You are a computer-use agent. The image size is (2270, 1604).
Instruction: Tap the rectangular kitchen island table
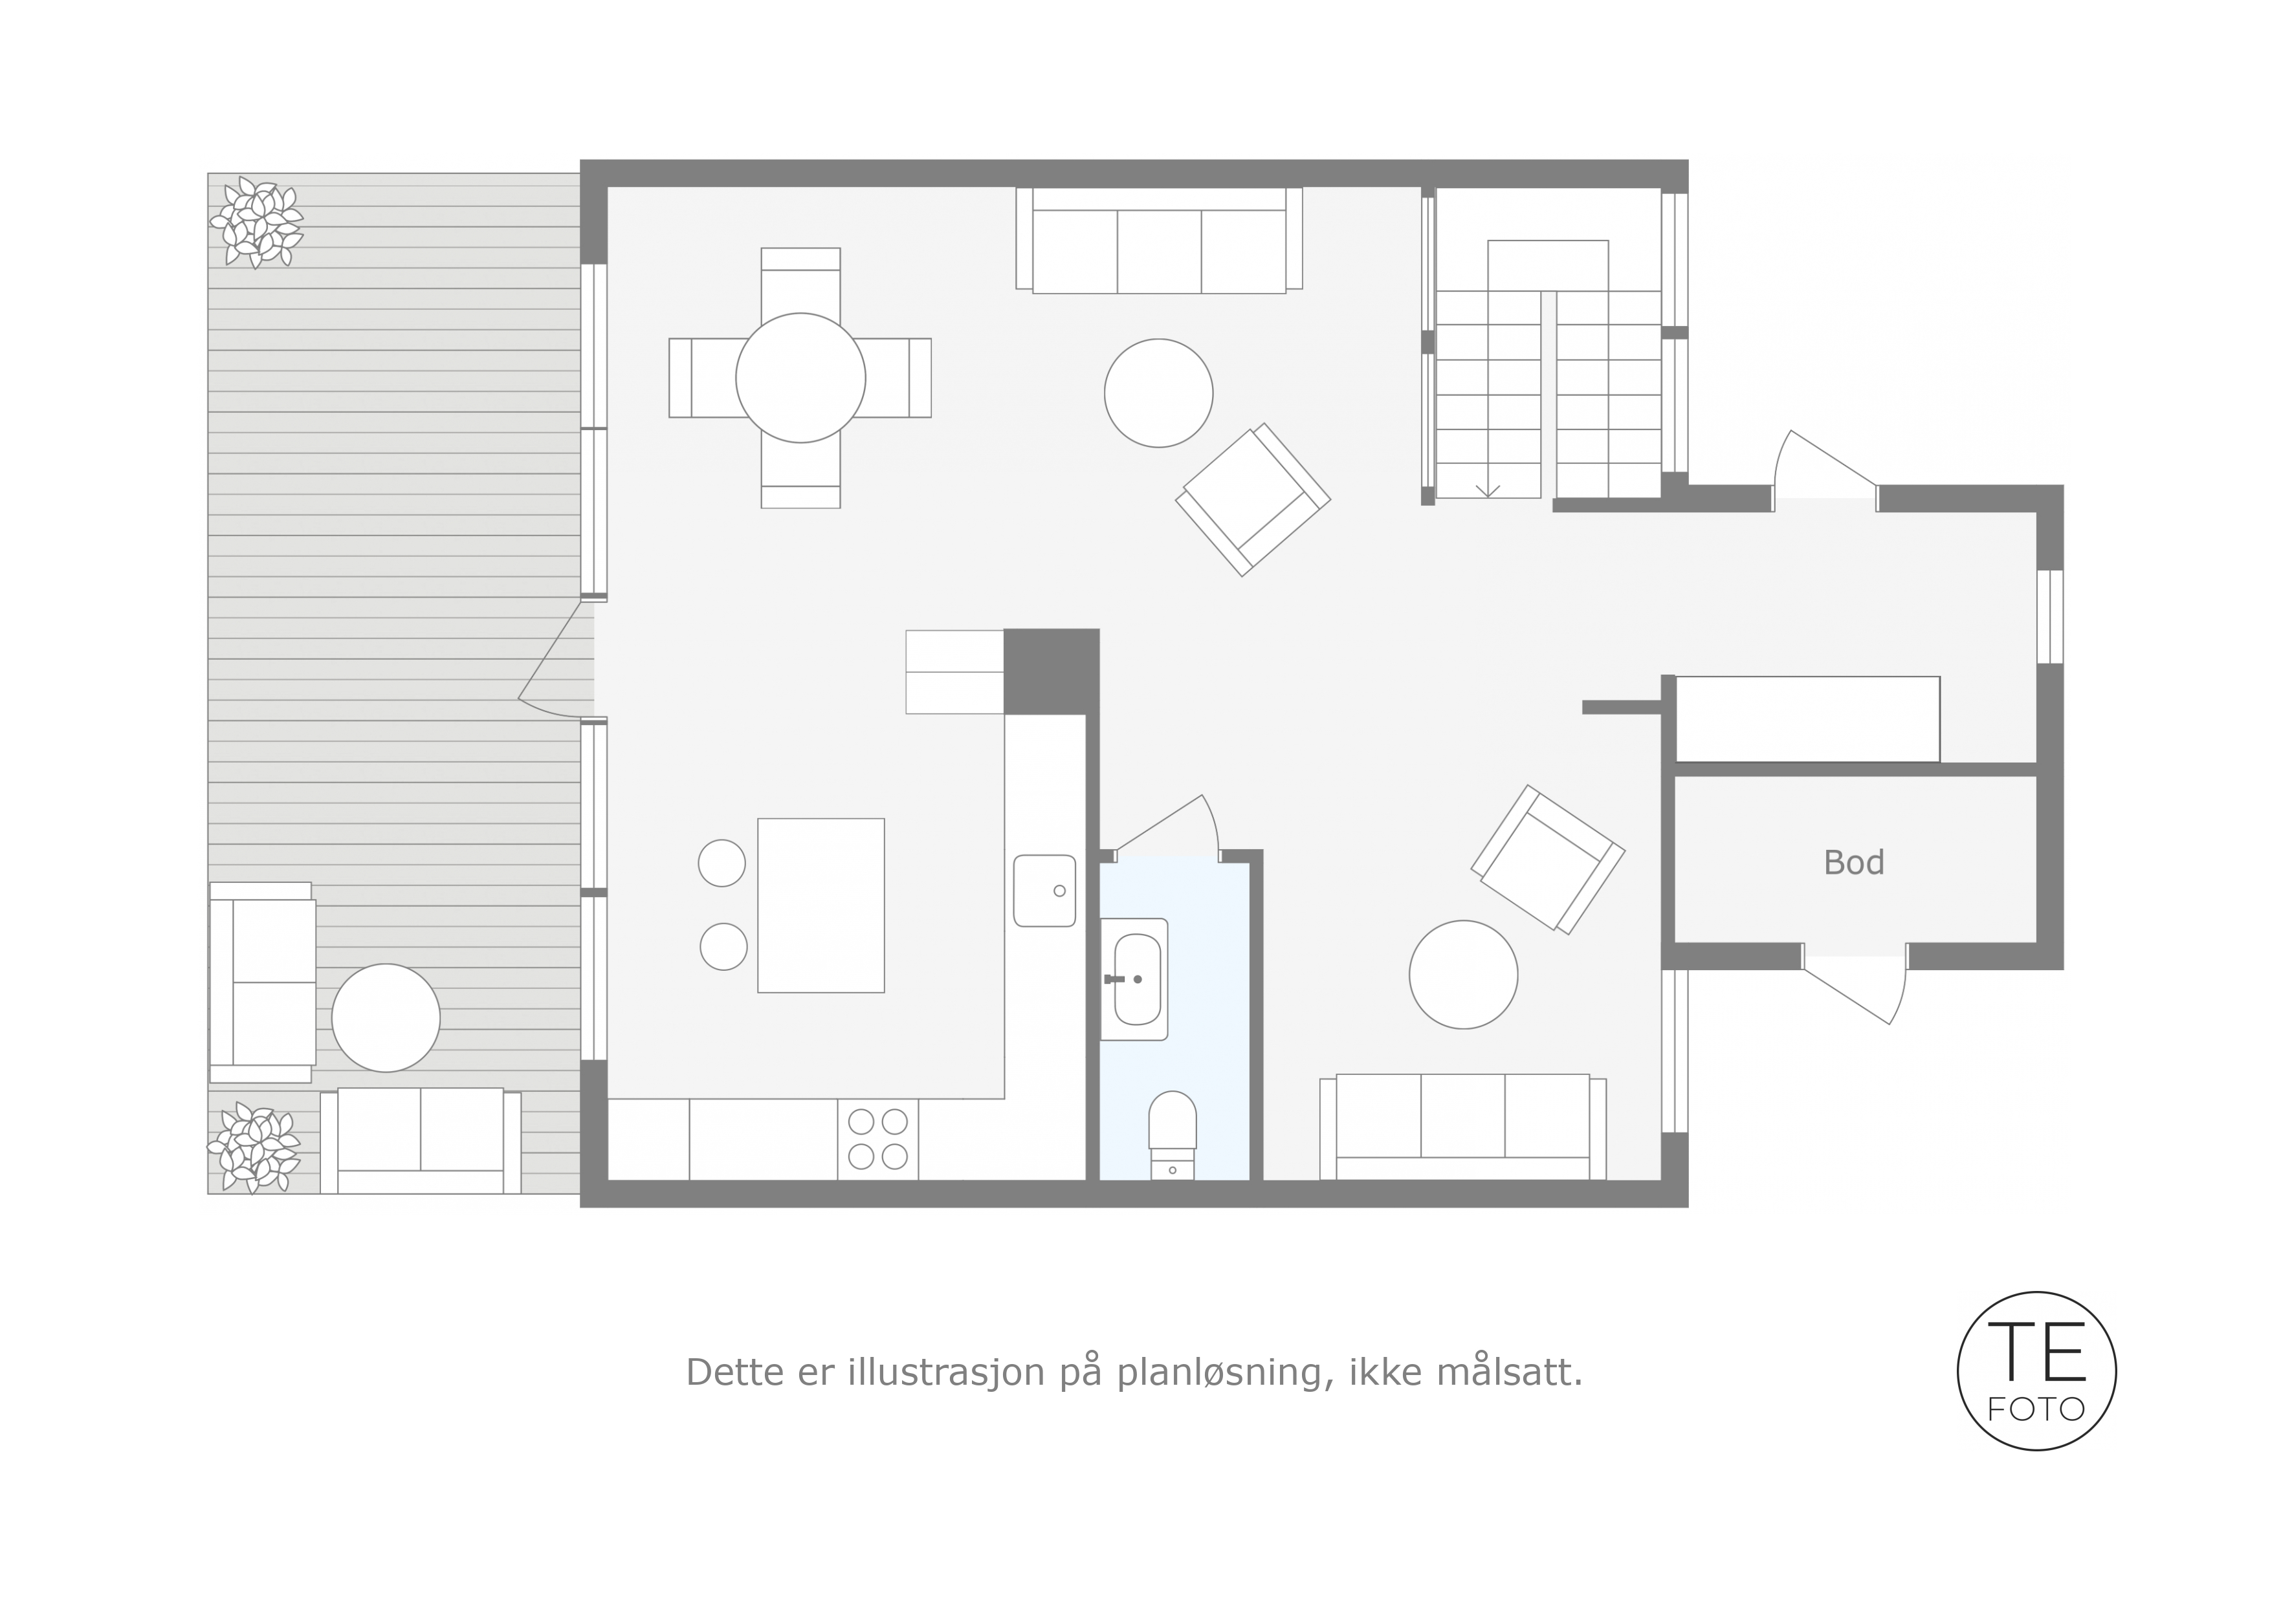click(821, 905)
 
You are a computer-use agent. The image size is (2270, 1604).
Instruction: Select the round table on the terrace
click(386, 1018)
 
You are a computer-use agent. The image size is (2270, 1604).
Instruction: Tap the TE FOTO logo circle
click(2036, 1371)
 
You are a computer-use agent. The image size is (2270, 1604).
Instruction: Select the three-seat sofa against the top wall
click(1159, 240)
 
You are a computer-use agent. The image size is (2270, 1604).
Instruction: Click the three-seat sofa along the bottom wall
click(1462, 1127)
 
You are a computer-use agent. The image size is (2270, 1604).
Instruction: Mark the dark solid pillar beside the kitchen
click(1051, 671)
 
